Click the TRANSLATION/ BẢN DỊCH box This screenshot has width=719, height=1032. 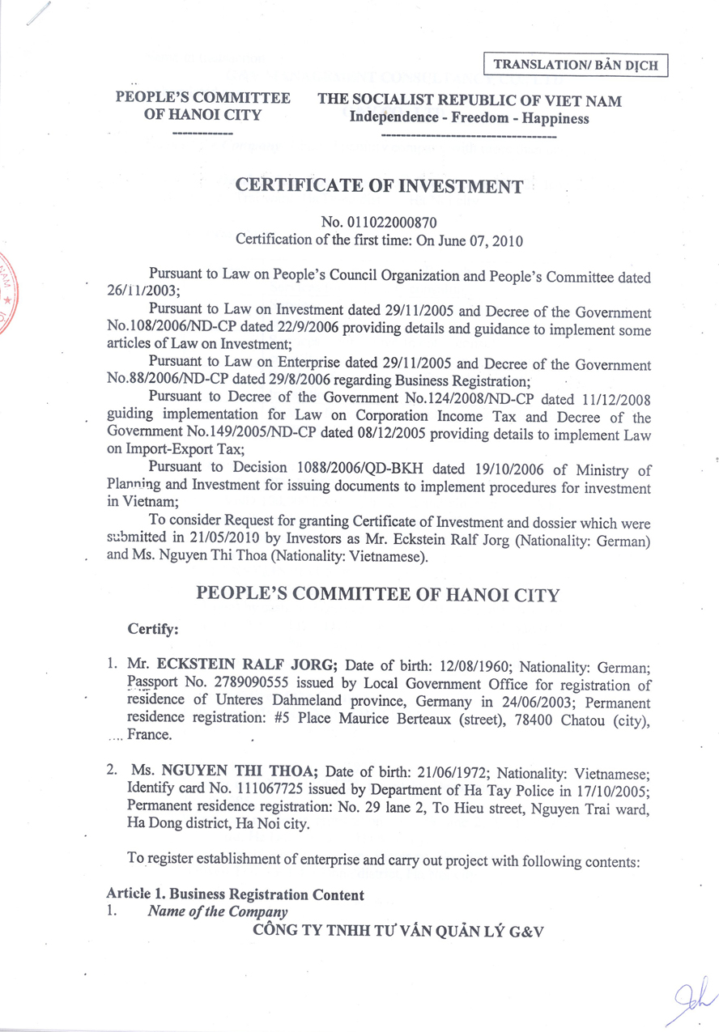576,64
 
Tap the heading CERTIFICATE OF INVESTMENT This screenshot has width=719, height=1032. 379,186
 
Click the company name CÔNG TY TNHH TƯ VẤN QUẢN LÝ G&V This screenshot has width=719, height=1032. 398,932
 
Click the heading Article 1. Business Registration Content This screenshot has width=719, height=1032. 235,894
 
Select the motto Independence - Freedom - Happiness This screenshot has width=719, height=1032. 469,118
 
